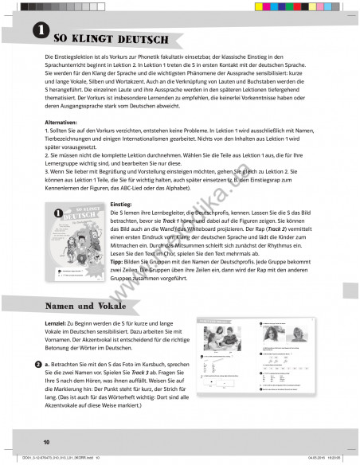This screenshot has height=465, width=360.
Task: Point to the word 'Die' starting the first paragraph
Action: [50, 60]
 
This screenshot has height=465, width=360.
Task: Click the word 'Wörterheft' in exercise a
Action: [135, 398]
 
